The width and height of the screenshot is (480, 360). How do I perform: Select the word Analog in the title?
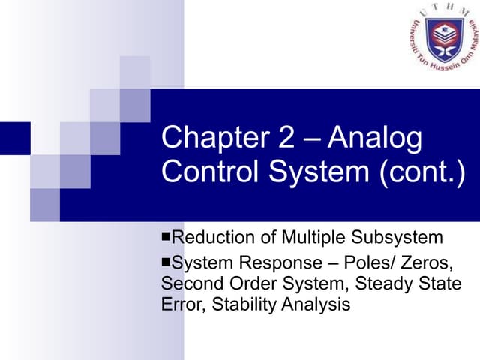[375, 139]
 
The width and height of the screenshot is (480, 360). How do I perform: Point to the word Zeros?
[427, 263]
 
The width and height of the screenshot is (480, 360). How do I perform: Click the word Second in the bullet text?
[188, 284]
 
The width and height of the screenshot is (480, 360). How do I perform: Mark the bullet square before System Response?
[166, 263]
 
